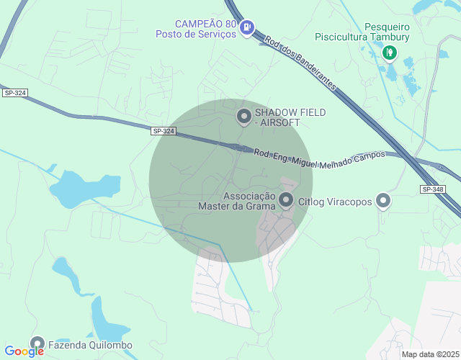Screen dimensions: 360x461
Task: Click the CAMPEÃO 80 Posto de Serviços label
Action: [x=197, y=28]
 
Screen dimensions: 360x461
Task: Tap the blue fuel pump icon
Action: [x=247, y=28]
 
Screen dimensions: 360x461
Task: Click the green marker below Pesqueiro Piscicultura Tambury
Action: [x=390, y=52]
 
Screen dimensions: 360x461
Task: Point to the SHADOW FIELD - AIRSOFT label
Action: [x=290, y=117]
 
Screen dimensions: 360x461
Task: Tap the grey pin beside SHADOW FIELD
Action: [x=244, y=115]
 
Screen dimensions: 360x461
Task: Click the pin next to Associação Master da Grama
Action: [x=286, y=200]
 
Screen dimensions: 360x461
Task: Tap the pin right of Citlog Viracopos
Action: [x=383, y=201]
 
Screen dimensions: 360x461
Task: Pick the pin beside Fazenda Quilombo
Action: [x=37, y=344]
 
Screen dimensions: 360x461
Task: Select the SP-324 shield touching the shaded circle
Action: [x=164, y=130]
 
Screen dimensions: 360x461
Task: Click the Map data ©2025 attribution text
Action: [x=430, y=354]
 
